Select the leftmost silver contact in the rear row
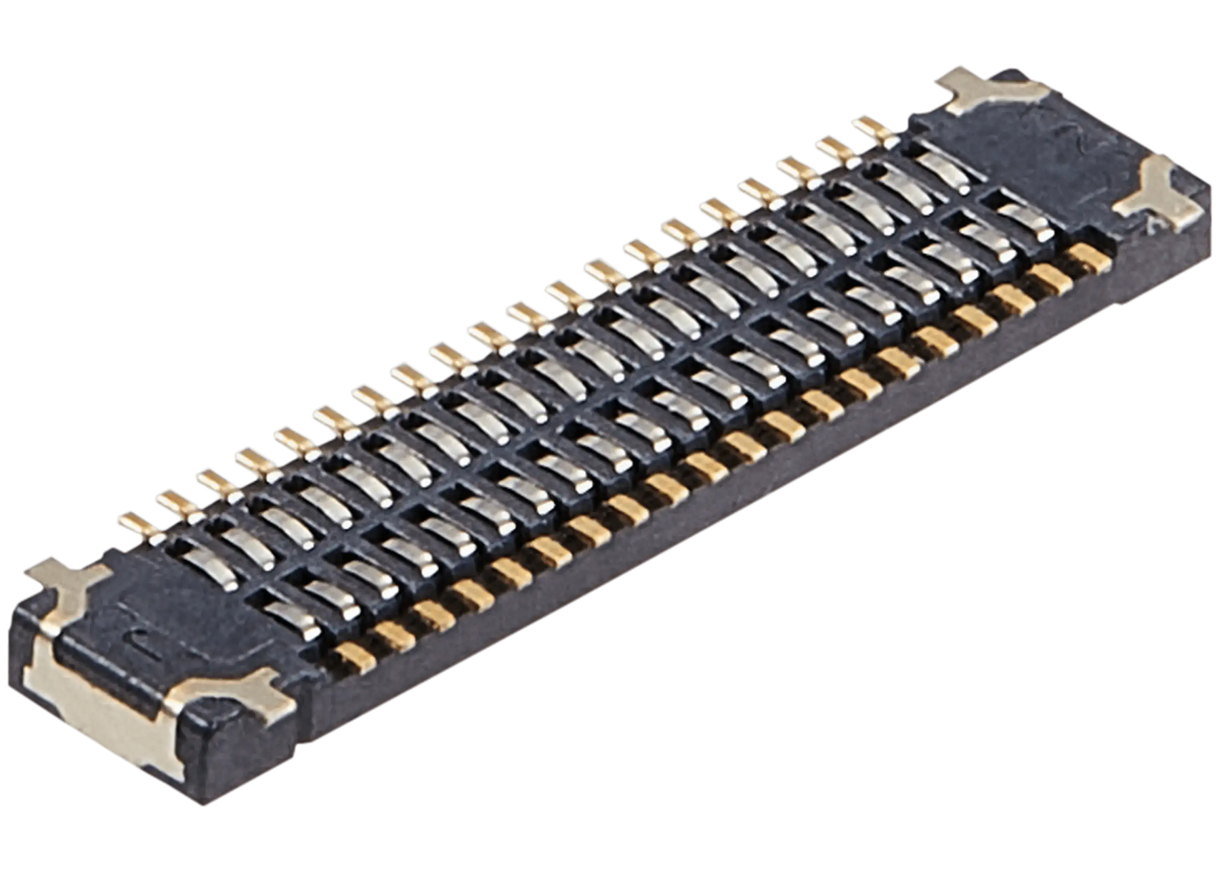[x=244, y=542]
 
